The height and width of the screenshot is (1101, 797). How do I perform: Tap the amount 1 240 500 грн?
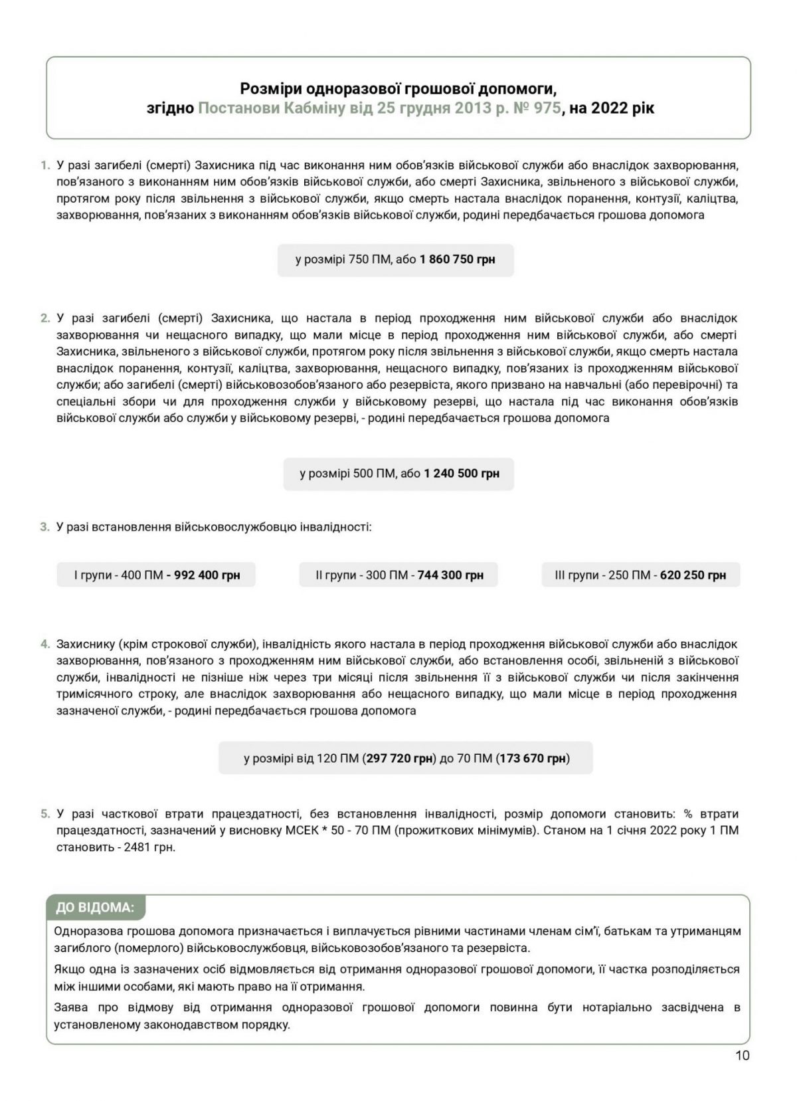tap(461, 474)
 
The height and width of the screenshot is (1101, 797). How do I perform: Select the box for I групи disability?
tap(156, 575)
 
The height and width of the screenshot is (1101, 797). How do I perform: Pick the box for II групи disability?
tap(398, 575)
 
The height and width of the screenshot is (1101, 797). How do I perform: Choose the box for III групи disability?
tap(640, 575)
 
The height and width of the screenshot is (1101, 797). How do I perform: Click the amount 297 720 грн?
tap(400, 758)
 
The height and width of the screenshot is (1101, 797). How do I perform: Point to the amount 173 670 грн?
tap(533, 758)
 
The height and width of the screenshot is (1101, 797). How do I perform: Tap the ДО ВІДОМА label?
tap(95, 908)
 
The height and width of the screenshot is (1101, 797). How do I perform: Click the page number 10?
tap(742, 1055)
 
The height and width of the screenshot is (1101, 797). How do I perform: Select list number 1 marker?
tap(45, 165)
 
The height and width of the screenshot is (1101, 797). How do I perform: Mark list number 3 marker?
tap(44, 527)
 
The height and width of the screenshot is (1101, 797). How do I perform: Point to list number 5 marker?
tap(44, 814)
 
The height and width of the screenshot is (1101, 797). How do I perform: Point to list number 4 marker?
tap(44, 644)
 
